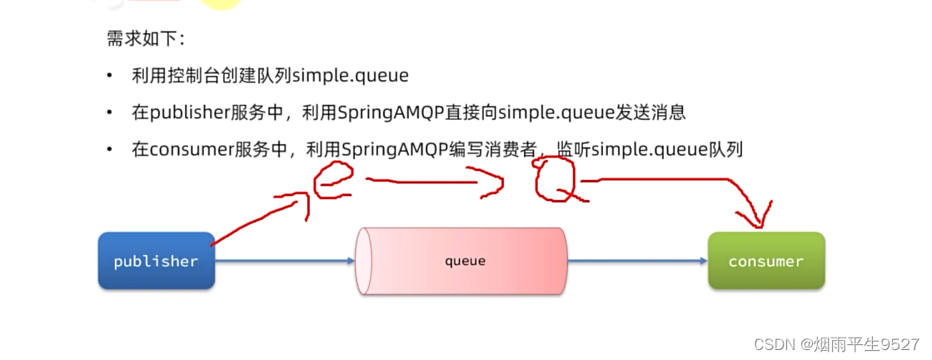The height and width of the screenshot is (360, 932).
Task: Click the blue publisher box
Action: point(157,261)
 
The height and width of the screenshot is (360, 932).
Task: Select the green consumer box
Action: point(765,261)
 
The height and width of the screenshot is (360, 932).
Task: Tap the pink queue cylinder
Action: point(463,261)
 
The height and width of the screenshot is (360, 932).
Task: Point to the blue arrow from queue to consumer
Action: point(638,261)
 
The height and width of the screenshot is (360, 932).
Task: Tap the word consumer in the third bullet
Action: point(189,150)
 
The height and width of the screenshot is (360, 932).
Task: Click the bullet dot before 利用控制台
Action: point(109,77)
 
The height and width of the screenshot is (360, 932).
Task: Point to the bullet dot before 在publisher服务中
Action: point(109,113)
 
